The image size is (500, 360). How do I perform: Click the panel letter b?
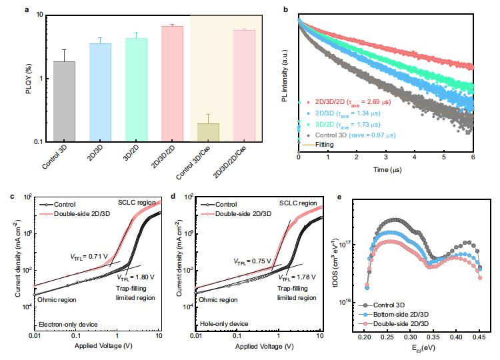285,9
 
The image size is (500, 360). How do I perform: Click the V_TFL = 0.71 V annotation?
88,256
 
